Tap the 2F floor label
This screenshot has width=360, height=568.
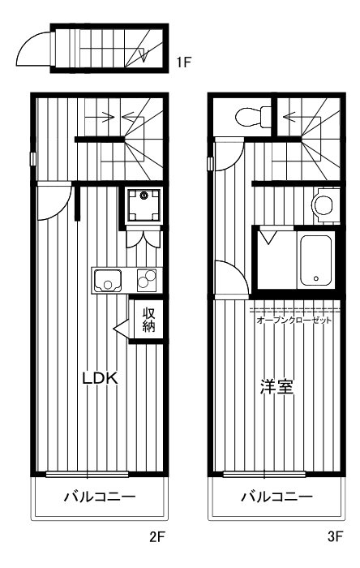(157, 536)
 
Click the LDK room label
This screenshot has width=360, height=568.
(101, 378)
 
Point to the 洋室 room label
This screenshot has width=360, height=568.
(276, 386)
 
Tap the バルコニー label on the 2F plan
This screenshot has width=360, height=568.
(100, 497)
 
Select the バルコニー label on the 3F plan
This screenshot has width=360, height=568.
(276, 497)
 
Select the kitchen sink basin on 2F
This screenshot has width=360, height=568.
(107, 282)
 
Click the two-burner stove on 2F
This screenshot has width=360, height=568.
(148, 281)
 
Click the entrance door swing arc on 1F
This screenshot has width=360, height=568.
(32, 46)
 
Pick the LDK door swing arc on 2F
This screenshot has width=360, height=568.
(54, 203)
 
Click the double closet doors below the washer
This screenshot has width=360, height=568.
(144, 239)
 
